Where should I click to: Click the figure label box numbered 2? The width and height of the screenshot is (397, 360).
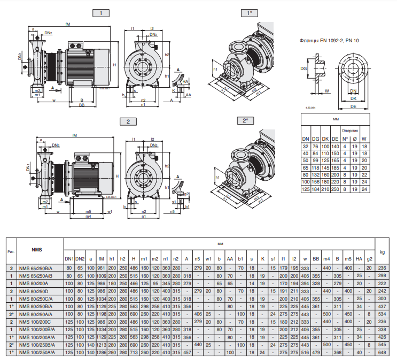click(x=128, y=121)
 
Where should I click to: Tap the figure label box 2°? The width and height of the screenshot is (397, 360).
click(x=245, y=121)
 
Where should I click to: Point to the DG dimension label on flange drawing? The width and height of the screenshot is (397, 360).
click(x=303, y=68)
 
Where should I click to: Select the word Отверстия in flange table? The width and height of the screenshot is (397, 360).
click(x=350, y=130)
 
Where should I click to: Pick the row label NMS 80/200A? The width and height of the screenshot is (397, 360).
click(x=34, y=283)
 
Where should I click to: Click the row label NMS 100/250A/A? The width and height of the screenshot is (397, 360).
click(x=37, y=353)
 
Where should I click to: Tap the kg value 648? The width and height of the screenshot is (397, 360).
click(x=382, y=353)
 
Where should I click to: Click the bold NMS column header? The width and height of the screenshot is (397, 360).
click(x=36, y=250)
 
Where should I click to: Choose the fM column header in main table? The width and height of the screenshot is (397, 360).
click(x=101, y=259)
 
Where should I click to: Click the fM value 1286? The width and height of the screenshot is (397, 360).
click(x=101, y=353)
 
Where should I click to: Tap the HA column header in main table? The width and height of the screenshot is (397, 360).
click(x=359, y=259)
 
